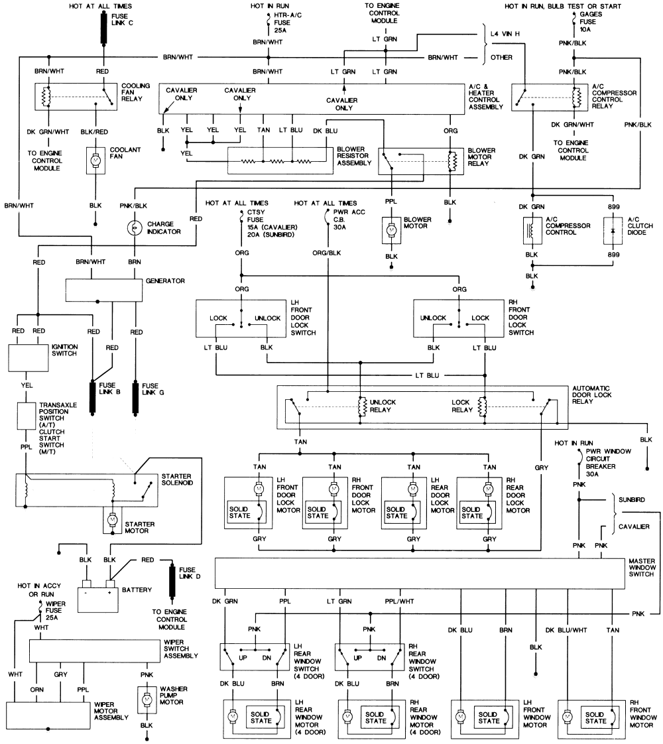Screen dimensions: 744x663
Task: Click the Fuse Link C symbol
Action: coord(103,28)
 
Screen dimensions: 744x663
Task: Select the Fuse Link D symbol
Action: coord(174,578)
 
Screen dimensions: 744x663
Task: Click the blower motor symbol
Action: coord(392,229)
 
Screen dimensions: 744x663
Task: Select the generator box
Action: coord(104,288)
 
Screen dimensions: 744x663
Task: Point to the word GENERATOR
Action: coord(166,281)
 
